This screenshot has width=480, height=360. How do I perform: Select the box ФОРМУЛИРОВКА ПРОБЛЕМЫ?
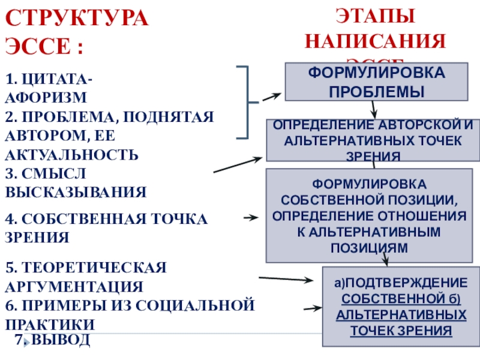376,82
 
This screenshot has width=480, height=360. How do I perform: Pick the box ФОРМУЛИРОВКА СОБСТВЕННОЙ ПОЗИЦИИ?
369,215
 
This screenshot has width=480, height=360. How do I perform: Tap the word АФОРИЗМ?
46,97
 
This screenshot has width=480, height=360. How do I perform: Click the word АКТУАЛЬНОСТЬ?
72,155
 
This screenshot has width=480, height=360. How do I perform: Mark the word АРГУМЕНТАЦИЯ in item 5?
74,286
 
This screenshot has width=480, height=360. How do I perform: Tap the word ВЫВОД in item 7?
61,340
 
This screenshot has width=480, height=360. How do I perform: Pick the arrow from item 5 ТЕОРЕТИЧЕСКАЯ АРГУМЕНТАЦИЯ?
286,279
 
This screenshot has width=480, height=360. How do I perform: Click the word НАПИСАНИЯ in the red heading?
375,41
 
